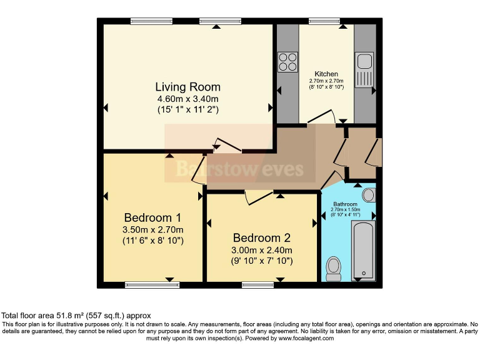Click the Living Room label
tap(187, 87)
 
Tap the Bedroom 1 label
tap(152, 217)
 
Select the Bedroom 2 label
tap(262, 237)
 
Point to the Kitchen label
tap(326, 74)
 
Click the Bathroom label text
tap(345, 204)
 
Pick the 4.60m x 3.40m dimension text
tap(187, 99)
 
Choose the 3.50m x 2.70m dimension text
tap(152, 229)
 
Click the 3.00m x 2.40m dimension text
tap(262, 249)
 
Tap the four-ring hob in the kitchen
tap(287, 62)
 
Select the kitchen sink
tap(365, 71)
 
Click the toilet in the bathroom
tap(334, 268)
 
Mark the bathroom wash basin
tap(369, 195)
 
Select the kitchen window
tap(324, 21)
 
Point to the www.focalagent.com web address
tap(302, 338)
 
